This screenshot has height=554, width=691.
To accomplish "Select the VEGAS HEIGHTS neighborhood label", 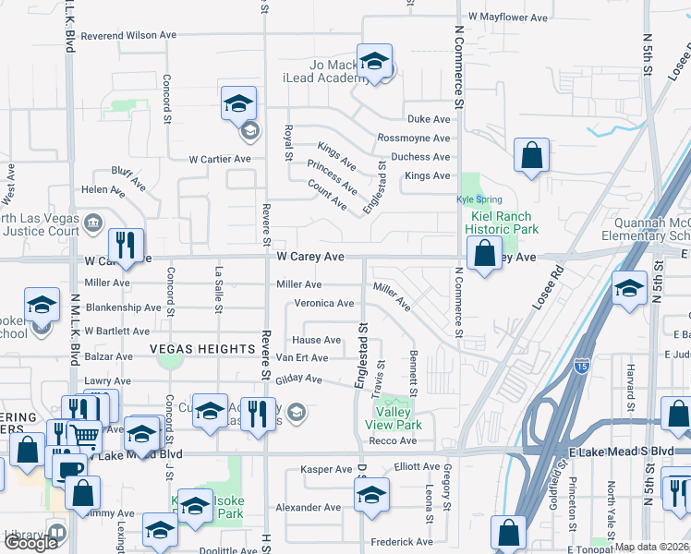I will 204,348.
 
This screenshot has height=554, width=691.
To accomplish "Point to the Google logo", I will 30,543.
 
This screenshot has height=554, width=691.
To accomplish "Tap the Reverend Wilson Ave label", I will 128,35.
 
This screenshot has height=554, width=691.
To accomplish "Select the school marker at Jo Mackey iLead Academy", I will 374,63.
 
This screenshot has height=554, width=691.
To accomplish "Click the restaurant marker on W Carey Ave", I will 125,247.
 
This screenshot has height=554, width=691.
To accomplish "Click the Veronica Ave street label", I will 324,303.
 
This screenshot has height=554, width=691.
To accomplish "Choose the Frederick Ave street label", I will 401,542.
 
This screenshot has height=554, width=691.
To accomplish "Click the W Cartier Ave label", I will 220,159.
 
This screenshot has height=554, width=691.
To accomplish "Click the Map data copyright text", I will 651,547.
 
